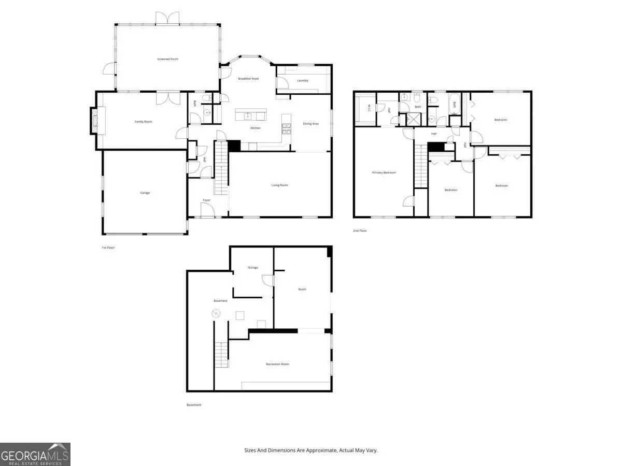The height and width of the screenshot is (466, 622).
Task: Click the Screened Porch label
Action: click(167, 59)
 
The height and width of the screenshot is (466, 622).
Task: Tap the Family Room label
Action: click(143, 122)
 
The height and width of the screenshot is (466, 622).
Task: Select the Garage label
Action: click(145, 193)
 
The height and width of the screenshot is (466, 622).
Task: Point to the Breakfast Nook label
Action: click(248, 79)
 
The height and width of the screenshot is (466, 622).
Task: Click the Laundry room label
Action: click(303, 80)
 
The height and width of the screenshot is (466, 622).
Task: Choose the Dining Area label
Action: click(310, 124)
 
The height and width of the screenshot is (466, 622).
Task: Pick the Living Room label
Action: click(280, 185)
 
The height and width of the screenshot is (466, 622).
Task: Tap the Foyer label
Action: click(206, 200)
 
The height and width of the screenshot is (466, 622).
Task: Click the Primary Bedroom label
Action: click(384, 172)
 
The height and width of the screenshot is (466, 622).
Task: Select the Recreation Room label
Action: click(277, 364)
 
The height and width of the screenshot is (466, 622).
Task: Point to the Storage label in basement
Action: click(252, 268)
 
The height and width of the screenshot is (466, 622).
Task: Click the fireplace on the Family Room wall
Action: click(94, 121)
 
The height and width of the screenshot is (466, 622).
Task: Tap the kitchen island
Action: click(251, 113)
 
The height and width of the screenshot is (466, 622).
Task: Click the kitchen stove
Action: click(286, 127)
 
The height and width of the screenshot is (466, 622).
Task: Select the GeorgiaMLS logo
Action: click(35, 454)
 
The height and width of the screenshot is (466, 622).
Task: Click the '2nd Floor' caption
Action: click(360, 230)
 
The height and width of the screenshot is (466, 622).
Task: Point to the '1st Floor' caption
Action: click(108, 247)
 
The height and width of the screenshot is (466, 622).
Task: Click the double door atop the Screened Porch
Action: click(167, 18)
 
